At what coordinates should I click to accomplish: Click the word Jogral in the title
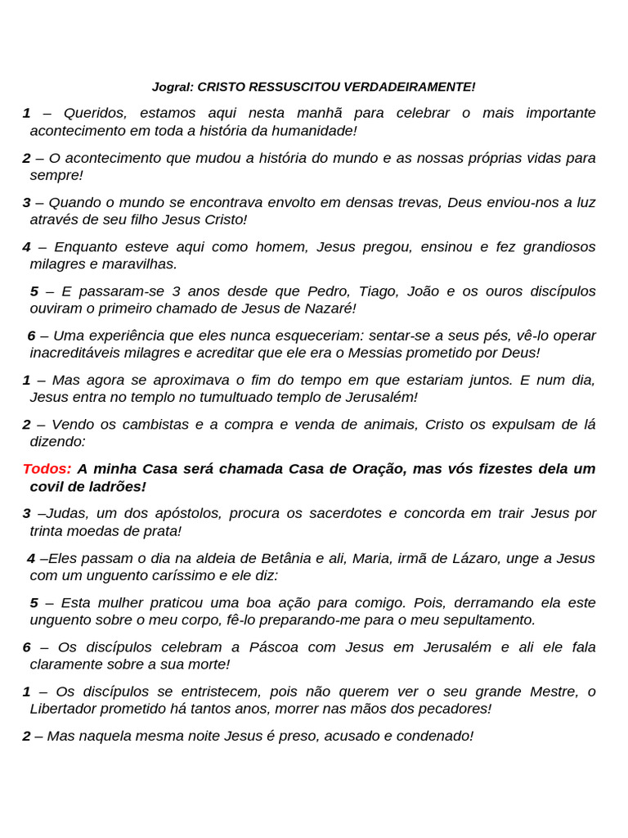(173, 87)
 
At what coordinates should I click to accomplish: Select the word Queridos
(96, 113)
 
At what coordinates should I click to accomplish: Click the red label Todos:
(47, 469)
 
